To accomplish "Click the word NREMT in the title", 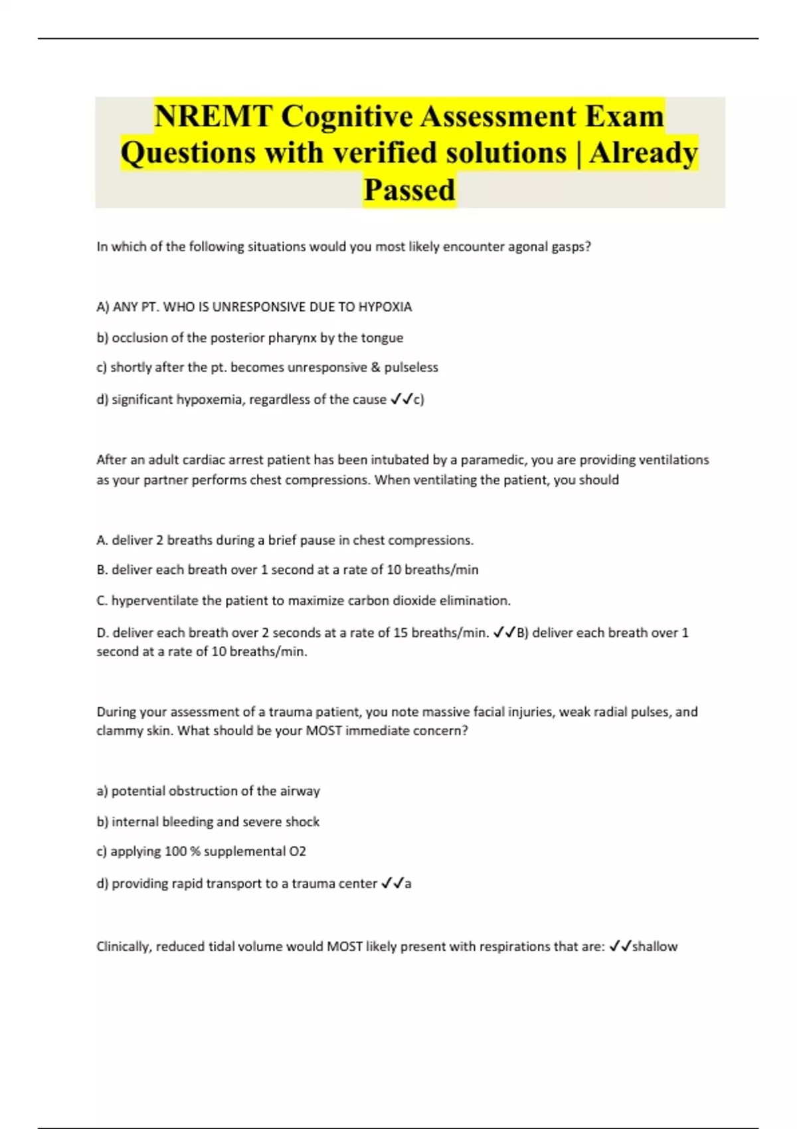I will [213, 116].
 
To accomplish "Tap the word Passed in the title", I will [409, 189].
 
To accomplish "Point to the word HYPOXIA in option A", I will [385, 307].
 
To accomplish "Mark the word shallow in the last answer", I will [655, 946].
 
